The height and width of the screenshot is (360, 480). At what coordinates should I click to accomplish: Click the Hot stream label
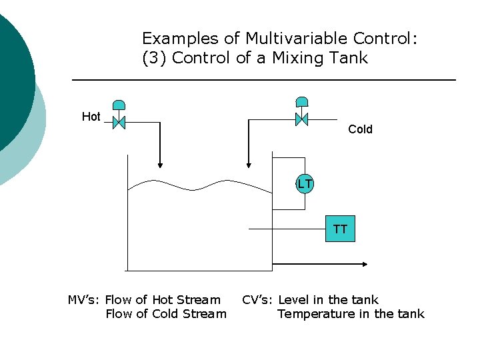point(91,117)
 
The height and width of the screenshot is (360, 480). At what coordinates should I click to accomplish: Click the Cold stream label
point(360,129)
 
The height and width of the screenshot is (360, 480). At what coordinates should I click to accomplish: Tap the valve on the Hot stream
point(119,123)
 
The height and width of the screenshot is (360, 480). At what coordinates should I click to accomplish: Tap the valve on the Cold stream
point(301,119)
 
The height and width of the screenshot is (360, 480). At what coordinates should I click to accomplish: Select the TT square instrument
point(340,229)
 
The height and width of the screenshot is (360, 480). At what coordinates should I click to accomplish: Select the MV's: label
point(84,300)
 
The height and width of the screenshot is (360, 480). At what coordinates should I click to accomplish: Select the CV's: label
point(258,300)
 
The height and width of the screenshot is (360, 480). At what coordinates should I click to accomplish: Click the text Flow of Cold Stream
point(166,314)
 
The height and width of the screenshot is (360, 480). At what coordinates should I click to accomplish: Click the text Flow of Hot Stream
point(163,300)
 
